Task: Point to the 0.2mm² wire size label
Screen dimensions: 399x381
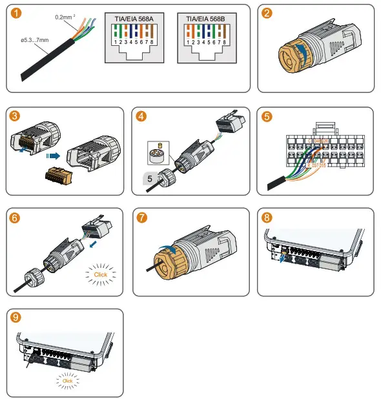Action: click(66, 17)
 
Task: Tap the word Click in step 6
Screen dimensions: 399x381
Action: click(101, 274)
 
